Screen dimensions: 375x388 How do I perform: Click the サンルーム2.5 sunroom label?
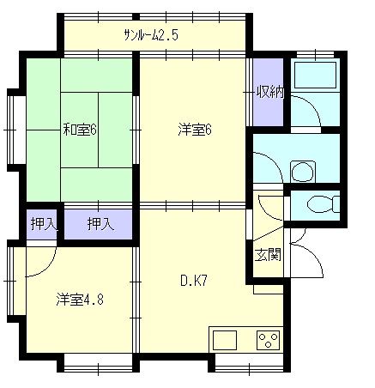tap(151, 35)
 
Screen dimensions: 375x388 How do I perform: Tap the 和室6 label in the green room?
tap(80, 130)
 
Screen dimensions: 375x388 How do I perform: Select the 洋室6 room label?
tap(195, 130)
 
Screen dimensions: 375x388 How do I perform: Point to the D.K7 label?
tap(194, 281)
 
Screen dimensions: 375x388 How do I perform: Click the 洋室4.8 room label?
tap(80, 299)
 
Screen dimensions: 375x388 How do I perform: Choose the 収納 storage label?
tap(269, 92)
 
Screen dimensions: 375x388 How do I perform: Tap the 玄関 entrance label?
tap(268, 254)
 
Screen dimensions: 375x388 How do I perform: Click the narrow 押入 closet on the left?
tap(44, 225)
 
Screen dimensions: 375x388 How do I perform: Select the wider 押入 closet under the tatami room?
tap(98, 225)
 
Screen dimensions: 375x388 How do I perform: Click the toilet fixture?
tap(324, 204)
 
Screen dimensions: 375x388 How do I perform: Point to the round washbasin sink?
tap(303, 172)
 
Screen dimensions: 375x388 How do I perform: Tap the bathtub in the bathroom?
tap(315, 75)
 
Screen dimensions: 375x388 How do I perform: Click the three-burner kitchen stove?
tap(268, 340)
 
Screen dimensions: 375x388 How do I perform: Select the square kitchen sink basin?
tap(225, 340)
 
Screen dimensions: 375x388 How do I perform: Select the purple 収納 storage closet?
tap(269, 92)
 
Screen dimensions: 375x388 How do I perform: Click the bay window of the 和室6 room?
tap(16, 130)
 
